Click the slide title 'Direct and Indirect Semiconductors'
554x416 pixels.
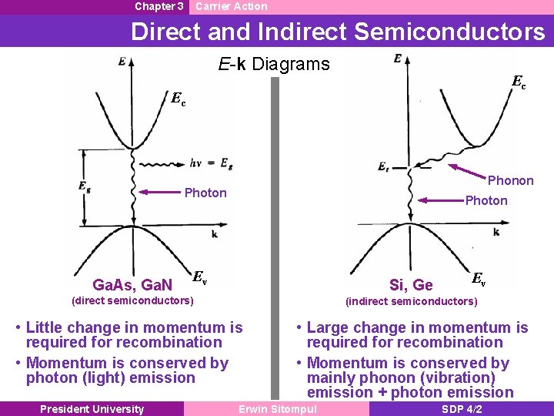click(338, 32)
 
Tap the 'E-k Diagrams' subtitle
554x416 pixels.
click(273, 64)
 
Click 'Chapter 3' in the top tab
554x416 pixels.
click(159, 6)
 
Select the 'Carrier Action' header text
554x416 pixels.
click(232, 6)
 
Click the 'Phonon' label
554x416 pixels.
click(510, 180)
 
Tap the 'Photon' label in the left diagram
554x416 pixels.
click(205, 193)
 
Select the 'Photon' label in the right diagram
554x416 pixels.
click(486, 200)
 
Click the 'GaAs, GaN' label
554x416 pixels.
click(132, 285)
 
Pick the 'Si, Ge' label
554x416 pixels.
click(411, 285)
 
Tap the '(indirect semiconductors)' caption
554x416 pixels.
click(412, 300)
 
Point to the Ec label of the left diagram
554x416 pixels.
click(178, 99)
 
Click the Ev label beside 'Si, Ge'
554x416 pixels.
click(478, 278)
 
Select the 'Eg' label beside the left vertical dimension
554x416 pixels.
click(84, 187)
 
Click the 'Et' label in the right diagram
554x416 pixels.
click(384, 166)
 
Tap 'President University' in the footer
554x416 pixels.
click(92, 409)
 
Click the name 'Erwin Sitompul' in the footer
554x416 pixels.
click(278, 409)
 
